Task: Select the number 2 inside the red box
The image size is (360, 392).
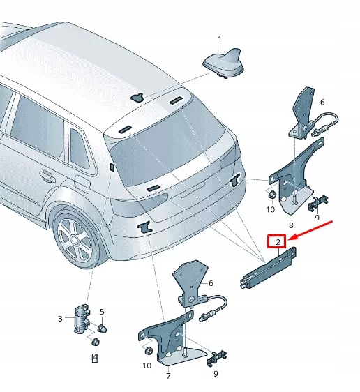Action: coord(278,242)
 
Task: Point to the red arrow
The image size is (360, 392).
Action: coord(313,231)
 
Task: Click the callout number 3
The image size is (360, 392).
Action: coord(60,319)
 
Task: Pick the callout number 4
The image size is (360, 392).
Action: coord(95,359)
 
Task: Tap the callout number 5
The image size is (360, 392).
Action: coord(101,312)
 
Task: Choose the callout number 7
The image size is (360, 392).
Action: coord(168,376)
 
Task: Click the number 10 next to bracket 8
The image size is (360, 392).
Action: coord(271,209)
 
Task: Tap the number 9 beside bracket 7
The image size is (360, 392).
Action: coord(216,374)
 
